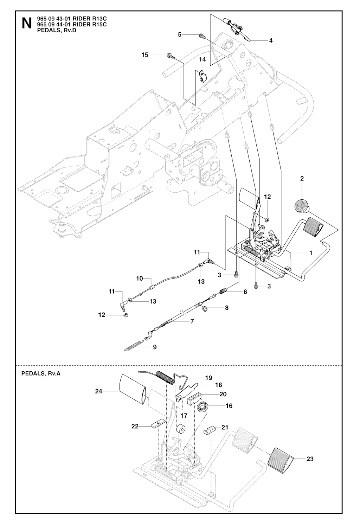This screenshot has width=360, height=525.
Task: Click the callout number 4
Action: (x=271, y=41)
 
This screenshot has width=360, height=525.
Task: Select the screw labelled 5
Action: (x=202, y=35)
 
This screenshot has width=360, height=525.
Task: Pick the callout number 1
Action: (x=310, y=253)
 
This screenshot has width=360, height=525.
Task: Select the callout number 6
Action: (x=245, y=292)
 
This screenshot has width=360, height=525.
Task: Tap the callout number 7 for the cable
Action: (x=192, y=321)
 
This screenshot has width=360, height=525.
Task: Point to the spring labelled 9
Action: (x=134, y=346)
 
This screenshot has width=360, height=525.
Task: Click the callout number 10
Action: (x=140, y=278)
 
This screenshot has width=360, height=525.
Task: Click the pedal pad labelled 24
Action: (x=131, y=390)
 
